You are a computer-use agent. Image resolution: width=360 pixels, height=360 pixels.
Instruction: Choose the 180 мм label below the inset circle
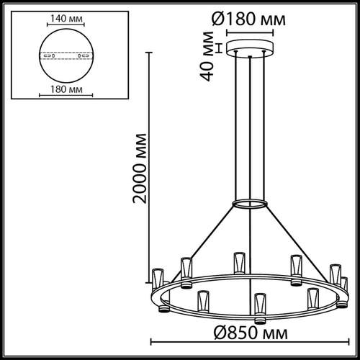click(x=66, y=89)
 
